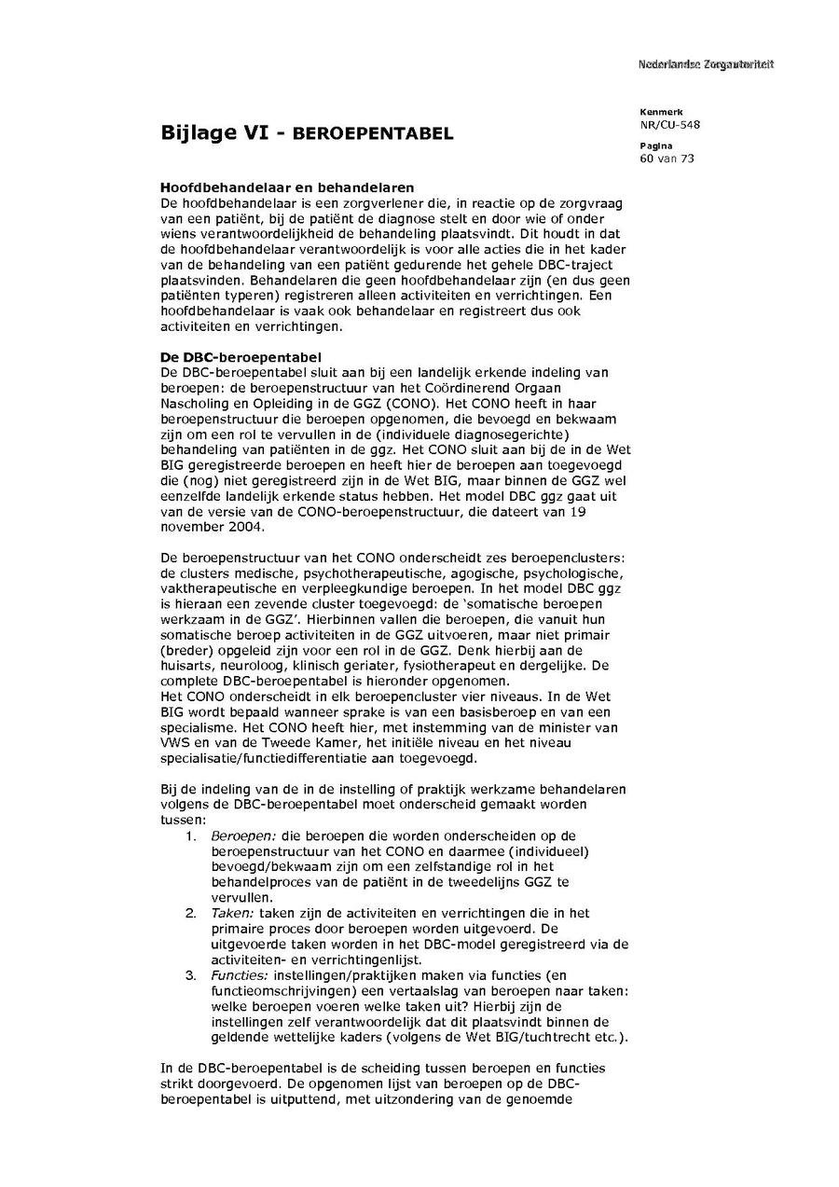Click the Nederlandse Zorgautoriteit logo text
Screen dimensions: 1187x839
tap(706, 64)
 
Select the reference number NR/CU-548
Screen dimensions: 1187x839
tap(669, 124)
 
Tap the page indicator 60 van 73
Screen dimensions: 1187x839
tap(667, 159)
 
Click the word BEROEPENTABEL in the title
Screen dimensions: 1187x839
tap(373, 134)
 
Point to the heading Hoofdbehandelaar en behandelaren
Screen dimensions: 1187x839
tap(287, 187)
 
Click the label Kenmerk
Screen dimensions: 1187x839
tap(661, 112)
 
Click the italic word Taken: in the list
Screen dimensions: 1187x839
tap(233, 914)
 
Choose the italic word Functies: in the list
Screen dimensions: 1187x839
tap(241, 975)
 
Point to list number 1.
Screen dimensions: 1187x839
tap(189, 835)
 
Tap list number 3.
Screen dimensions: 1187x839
tap(189, 975)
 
